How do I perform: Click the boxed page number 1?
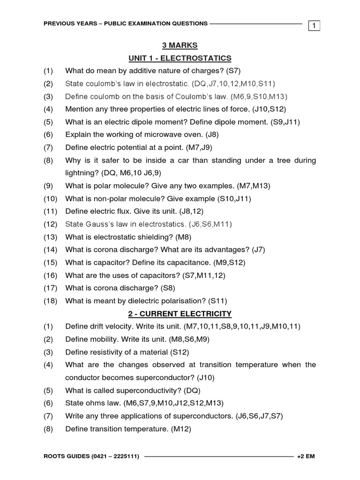(x=314, y=26)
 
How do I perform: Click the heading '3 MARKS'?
(x=180, y=45)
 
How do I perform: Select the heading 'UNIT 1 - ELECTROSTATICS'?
(x=180, y=58)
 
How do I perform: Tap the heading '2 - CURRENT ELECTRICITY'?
(x=180, y=314)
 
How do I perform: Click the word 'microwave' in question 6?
(x=162, y=135)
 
